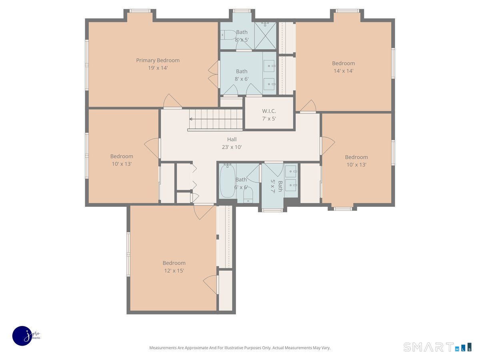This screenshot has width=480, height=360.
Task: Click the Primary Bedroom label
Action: pos(158,60)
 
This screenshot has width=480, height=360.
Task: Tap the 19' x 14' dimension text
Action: pos(158,68)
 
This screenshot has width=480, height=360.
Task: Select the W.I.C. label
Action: pos(269,111)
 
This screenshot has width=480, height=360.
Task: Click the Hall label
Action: pos(232,140)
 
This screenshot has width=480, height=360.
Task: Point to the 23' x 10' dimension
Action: pos(232,147)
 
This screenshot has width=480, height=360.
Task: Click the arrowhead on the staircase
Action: pos(191,119)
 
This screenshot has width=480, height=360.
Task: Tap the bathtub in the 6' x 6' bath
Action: pos(228,181)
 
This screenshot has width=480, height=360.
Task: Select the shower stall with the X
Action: pos(265,36)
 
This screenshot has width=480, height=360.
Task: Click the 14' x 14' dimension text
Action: pos(343,71)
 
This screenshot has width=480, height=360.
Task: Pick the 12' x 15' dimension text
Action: pos(174,271)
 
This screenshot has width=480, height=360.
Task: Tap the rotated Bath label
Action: pos(280,186)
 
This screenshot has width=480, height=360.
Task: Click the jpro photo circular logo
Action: pos(22,336)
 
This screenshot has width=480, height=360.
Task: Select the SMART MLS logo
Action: pos(437,347)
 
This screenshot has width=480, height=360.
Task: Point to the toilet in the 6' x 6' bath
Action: pos(248,194)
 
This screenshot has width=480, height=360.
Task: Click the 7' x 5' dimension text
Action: pos(269,119)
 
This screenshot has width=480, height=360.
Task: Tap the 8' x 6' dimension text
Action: pos(242,79)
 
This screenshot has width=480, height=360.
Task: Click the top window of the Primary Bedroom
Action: pos(140,11)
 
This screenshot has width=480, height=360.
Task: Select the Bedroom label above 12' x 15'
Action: pos(174,263)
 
